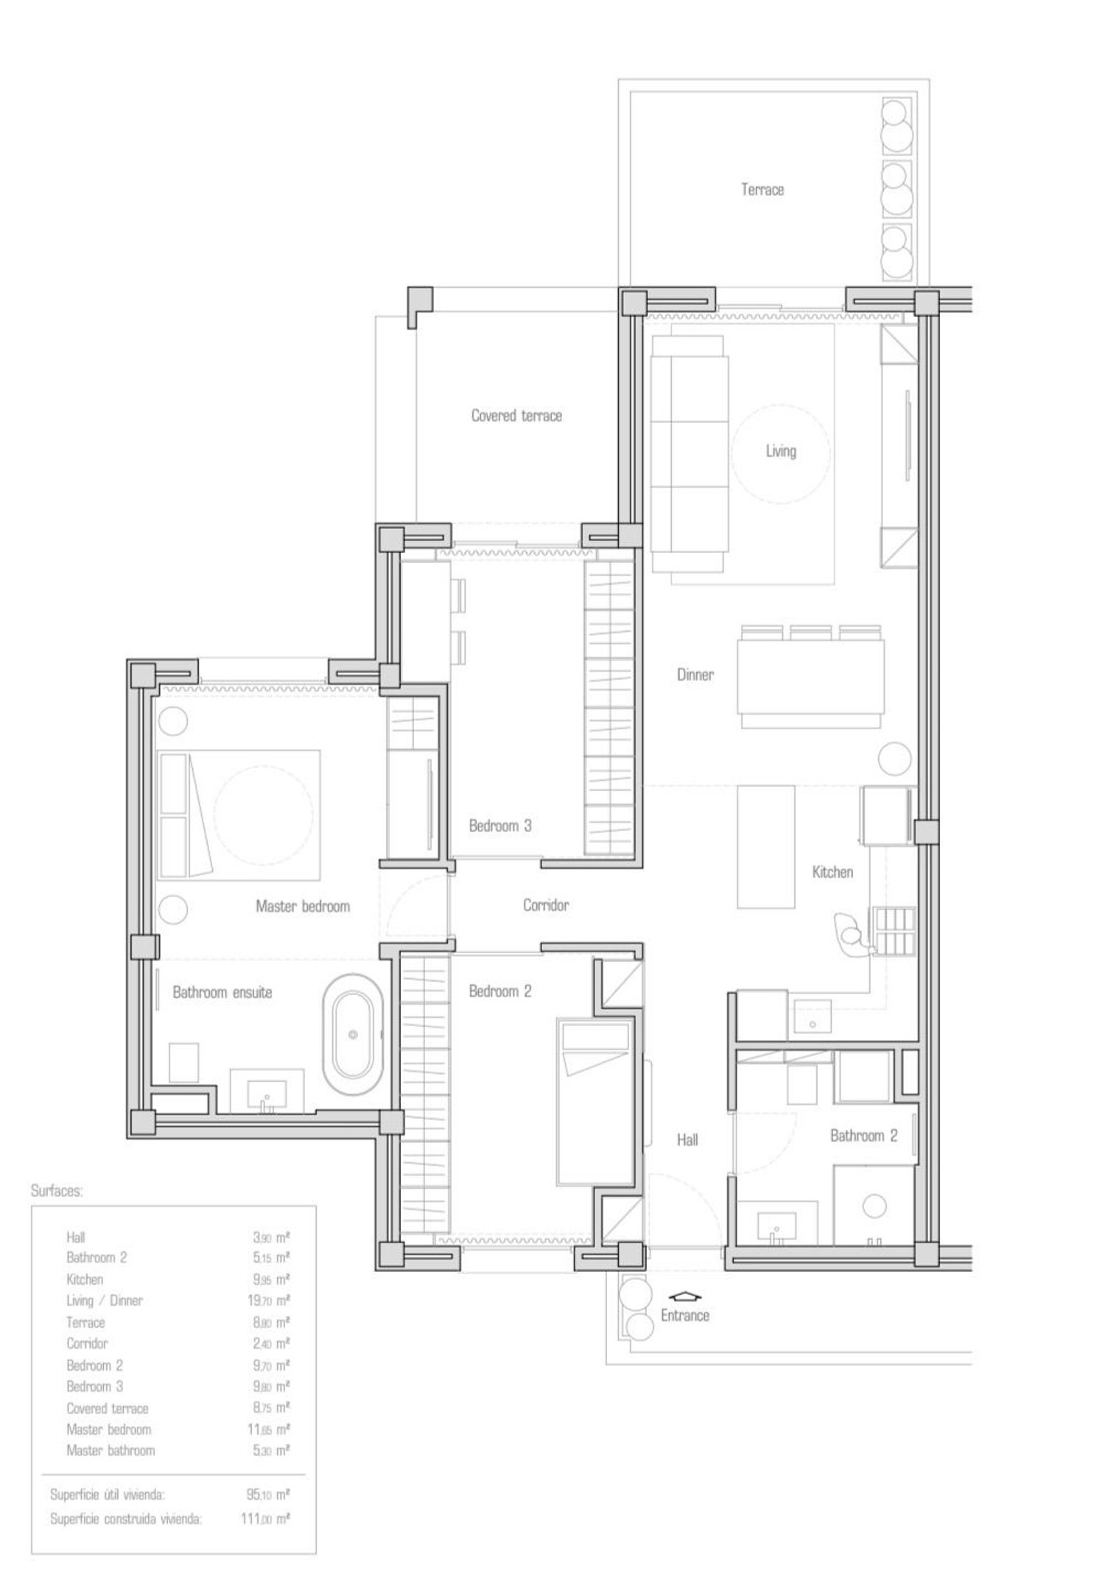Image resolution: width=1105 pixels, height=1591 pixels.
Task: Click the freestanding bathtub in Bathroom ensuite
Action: click(353, 1034)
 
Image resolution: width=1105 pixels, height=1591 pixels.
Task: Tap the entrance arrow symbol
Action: click(685, 1297)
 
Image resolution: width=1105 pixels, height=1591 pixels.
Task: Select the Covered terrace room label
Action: click(516, 415)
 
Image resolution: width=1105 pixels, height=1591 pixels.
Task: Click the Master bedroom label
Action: click(302, 906)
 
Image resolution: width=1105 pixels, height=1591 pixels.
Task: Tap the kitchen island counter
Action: click(766, 847)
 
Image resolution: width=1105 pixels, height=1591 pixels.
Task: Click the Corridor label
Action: click(546, 905)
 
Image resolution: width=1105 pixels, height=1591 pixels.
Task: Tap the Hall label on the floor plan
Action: click(687, 1140)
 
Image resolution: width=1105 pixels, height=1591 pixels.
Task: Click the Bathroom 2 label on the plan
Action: click(863, 1136)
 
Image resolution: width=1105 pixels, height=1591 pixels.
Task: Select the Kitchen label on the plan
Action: click(832, 872)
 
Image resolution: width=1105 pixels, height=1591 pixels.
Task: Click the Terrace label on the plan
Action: click(762, 189)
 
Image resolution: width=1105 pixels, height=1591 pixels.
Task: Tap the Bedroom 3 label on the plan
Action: click(500, 826)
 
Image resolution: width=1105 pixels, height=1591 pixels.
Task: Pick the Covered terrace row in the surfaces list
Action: click(178, 1408)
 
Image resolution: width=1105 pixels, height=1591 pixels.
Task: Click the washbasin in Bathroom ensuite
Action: click(267, 1093)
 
